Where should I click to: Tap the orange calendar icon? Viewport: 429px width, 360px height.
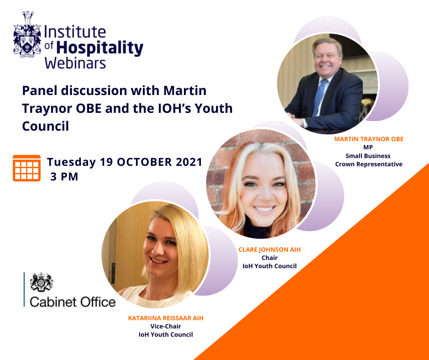pyautogui.click(x=26, y=168)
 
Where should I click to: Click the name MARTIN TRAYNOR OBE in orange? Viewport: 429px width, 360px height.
pyautogui.click(x=369, y=139)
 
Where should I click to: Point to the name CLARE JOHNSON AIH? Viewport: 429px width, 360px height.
pyautogui.click(x=269, y=249)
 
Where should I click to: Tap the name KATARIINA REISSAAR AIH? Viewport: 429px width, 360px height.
pyautogui.click(x=166, y=318)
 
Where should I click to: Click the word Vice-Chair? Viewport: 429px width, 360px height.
pyautogui.click(x=166, y=326)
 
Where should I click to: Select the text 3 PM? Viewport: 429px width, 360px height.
pyautogui.click(x=64, y=177)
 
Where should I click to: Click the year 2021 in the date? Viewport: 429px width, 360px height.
pyautogui.click(x=189, y=162)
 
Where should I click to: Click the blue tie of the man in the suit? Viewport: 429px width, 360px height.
pyautogui.click(x=319, y=96)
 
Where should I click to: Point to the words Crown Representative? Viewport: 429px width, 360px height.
pyautogui.click(x=369, y=164)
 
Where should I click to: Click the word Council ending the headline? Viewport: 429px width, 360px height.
pyautogui.click(x=46, y=126)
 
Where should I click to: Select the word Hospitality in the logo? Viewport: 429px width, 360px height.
pyautogui.click(x=100, y=48)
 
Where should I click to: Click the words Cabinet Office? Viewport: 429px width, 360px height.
pyautogui.click(x=73, y=302)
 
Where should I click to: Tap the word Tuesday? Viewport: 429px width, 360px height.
pyautogui.click(x=71, y=162)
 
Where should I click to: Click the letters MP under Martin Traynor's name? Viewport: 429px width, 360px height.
pyautogui.click(x=368, y=148)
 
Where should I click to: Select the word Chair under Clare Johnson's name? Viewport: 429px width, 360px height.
pyautogui.click(x=269, y=258)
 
